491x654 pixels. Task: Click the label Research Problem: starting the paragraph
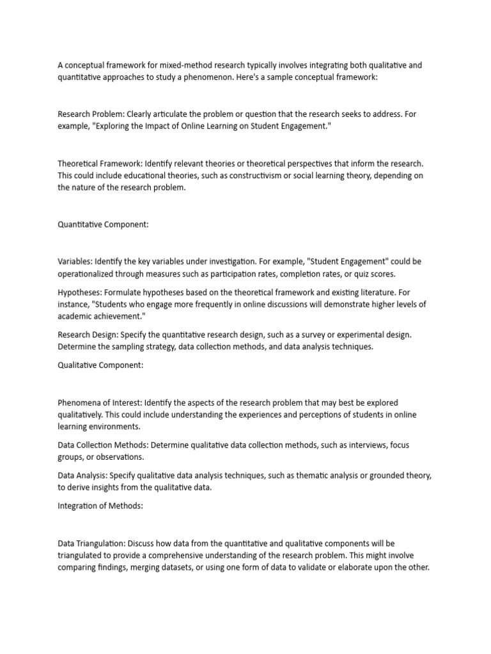coord(91,114)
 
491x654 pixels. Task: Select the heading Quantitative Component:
coord(103,224)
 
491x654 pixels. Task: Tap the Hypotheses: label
coord(80,292)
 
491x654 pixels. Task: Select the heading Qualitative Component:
coord(100,365)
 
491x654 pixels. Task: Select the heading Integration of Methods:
coord(100,506)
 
